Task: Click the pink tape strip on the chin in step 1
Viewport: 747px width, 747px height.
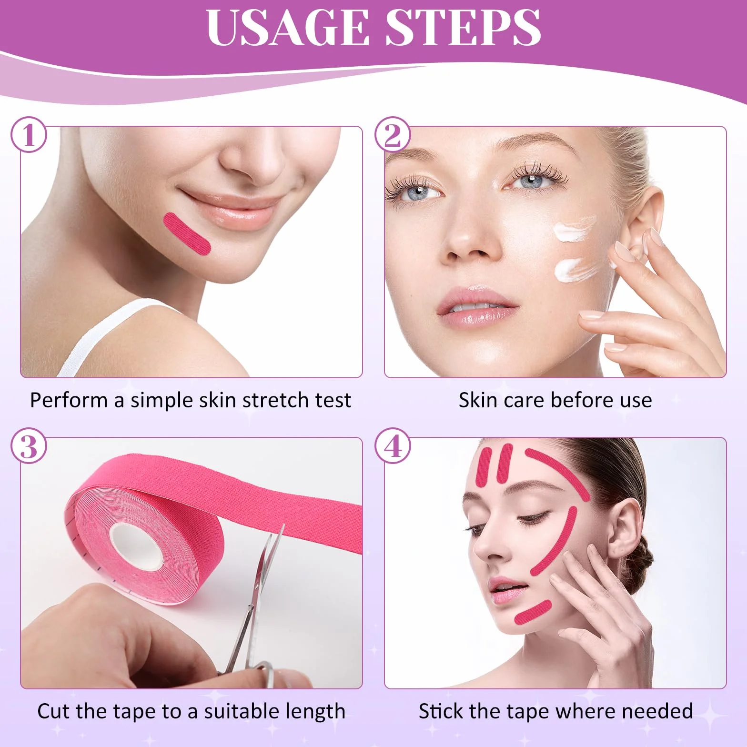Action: point(187,235)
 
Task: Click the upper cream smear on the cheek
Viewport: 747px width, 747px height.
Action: point(574,228)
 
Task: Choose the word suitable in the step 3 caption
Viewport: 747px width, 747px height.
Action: point(239,711)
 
